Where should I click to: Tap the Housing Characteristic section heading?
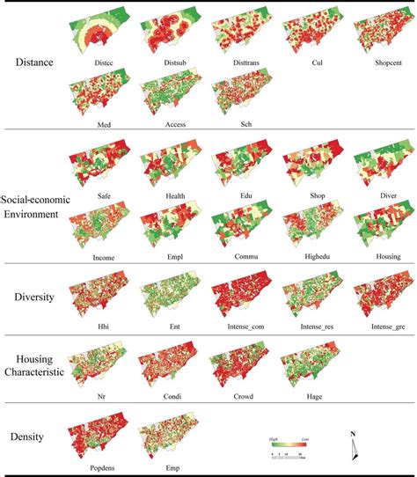pyautogui.click(x=33, y=366)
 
